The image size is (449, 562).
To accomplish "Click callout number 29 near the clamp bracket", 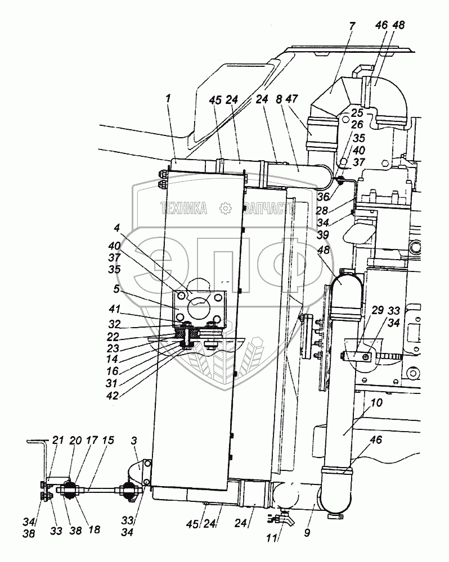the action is pyautogui.click(x=378, y=310).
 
